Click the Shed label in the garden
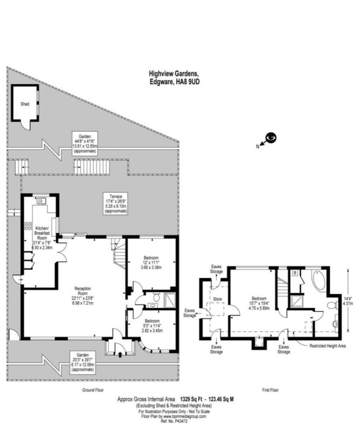click(25, 104)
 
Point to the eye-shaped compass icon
click(271, 137)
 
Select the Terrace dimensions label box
click(115, 203)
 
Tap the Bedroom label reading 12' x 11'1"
click(151, 264)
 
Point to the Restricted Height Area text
click(328, 346)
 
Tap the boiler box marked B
click(294, 274)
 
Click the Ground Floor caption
click(93, 390)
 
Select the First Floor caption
click(269, 390)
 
